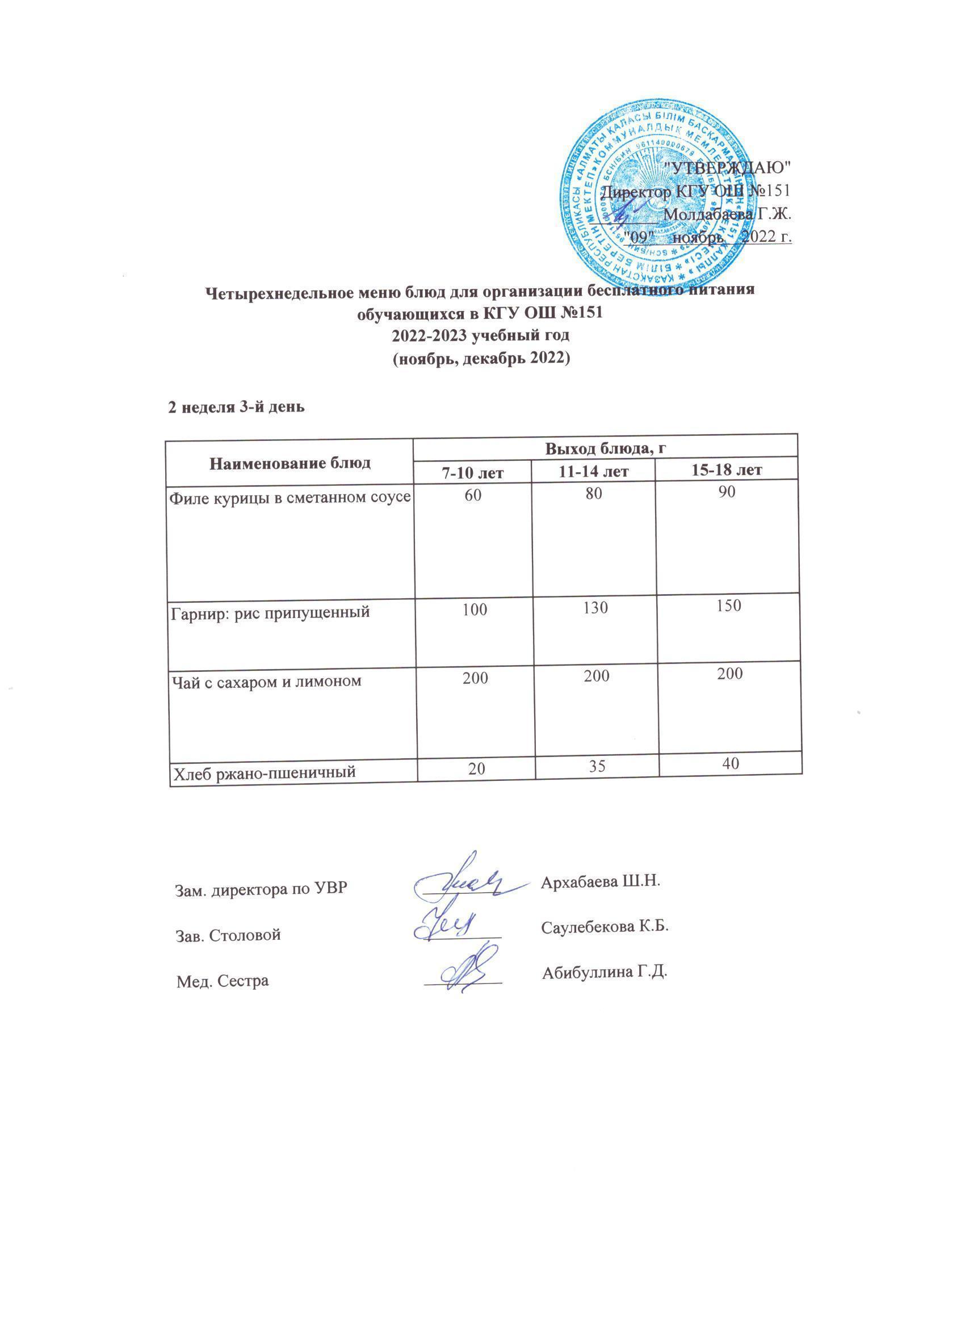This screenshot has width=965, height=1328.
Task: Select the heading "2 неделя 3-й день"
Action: (236, 407)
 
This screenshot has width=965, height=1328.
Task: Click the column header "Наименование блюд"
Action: (290, 463)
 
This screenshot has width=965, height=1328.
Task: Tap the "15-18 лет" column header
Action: (726, 469)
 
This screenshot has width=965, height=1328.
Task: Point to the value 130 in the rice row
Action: (595, 608)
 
